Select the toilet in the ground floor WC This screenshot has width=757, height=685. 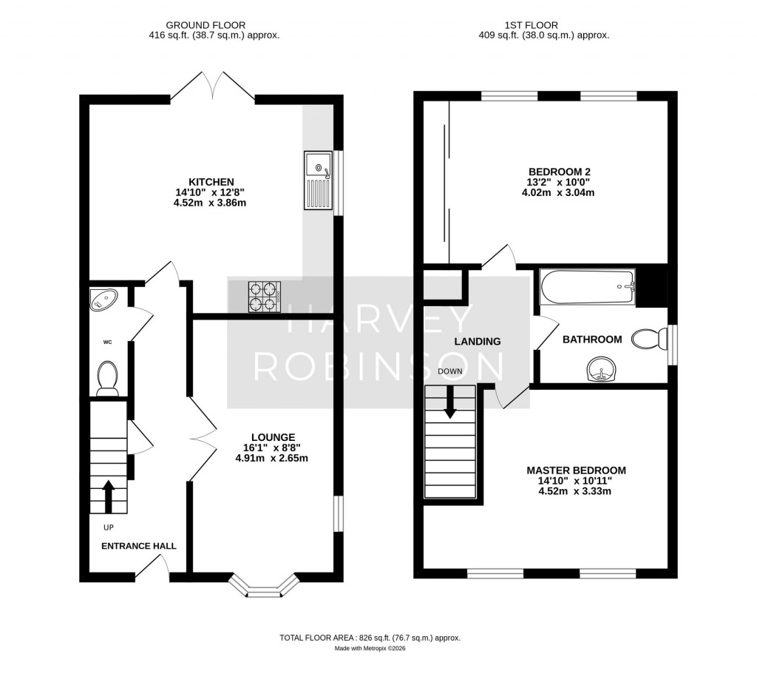pos(107,377)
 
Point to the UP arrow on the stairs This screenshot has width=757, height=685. pos(108,496)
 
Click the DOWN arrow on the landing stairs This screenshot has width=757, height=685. pos(449,403)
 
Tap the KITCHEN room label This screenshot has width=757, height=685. pos(211,182)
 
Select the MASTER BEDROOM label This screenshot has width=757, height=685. pos(576,470)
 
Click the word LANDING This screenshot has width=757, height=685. pos(478,342)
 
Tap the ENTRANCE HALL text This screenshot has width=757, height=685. pos(139,546)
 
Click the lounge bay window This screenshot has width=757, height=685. pos(263,586)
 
